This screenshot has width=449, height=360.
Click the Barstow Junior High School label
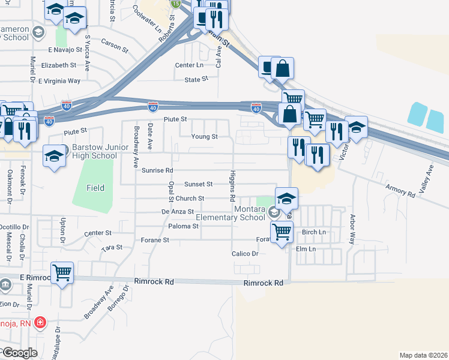coord(94,151)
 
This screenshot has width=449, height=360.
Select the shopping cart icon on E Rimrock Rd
coord(62,274)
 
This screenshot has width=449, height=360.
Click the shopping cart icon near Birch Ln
coord(282,231)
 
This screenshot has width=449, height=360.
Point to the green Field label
coord(94,188)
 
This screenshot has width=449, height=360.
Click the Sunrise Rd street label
coord(157,170)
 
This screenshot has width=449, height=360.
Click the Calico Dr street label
coord(245,254)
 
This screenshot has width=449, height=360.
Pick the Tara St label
coord(112,247)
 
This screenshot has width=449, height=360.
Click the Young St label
coord(204,137)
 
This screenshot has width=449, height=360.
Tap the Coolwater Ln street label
coord(147,20)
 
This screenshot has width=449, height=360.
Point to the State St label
coord(196,79)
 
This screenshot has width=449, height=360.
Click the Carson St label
coord(115,44)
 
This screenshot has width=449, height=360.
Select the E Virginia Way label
coord(59,81)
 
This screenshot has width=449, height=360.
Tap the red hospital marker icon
coord(40,322)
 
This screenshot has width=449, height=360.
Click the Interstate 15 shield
coord(175,4)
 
